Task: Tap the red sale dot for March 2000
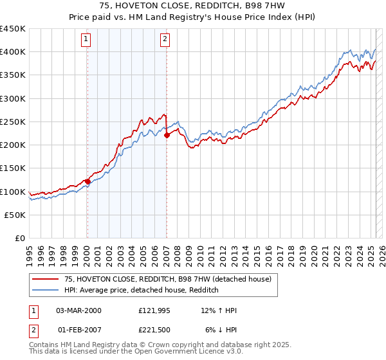(x=87, y=181)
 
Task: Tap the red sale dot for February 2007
(x=167, y=135)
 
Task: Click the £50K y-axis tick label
(x=15, y=215)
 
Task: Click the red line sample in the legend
(x=45, y=279)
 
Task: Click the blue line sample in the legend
(x=45, y=290)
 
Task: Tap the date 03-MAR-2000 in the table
(x=78, y=310)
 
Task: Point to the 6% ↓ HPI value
(x=221, y=330)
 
